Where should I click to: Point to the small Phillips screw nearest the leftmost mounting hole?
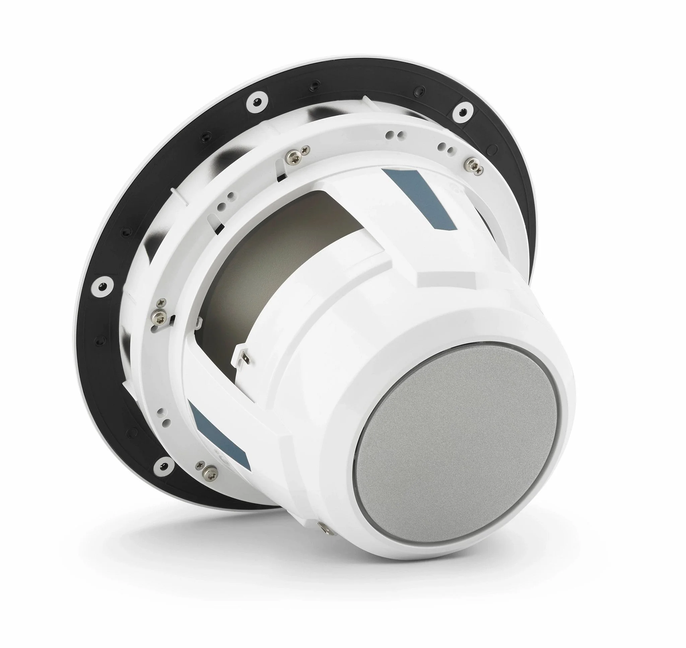(160, 303)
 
